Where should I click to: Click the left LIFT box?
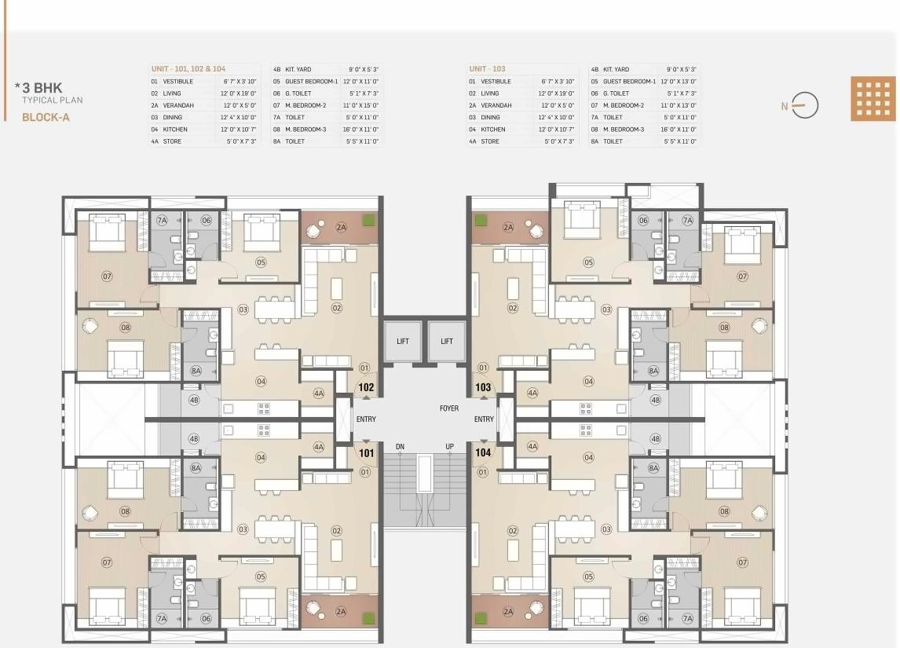pyautogui.click(x=403, y=341)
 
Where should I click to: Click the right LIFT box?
pyautogui.click(x=447, y=341)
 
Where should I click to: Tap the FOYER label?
pyautogui.click(x=449, y=408)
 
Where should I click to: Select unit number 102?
pyautogui.click(x=366, y=387)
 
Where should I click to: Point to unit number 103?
pyautogui.click(x=483, y=387)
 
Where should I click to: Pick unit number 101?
pyautogui.click(x=366, y=452)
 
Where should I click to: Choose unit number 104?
pyautogui.click(x=483, y=452)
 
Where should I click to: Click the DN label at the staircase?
pyautogui.click(x=400, y=447)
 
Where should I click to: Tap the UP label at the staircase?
pyautogui.click(x=450, y=447)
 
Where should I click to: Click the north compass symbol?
pyautogui.click(x=803, y=105)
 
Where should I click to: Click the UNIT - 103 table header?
pyautogui.click(x=487, y=69)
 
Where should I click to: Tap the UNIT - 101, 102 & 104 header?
pyautogui.click(x=188, y=69)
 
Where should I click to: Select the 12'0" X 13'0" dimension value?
pyautogui.click(x=679, y=81)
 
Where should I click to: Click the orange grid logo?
pyautogui.click(x=873, y=99)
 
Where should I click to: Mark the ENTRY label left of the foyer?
pyautogui.click(x=366, y=419)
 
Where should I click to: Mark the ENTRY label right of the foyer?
pyautogui.click(x=484, y=419)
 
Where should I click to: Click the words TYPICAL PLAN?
pyautogui.click(x=52, y=101)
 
